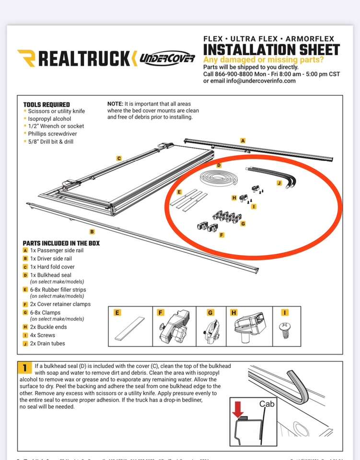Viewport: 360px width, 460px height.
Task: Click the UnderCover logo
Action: point(167,58)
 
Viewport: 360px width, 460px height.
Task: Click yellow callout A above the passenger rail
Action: point(243,140)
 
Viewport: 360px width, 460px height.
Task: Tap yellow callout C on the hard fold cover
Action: point(119,158)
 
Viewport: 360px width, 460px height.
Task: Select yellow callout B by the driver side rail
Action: point(92,231)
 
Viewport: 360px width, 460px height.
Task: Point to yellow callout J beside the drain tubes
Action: point(279,183)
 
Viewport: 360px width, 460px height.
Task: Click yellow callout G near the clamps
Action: point(243,223)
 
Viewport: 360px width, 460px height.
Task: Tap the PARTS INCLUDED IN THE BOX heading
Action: point(61,243)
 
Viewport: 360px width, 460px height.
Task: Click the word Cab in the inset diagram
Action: point(267,404)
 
